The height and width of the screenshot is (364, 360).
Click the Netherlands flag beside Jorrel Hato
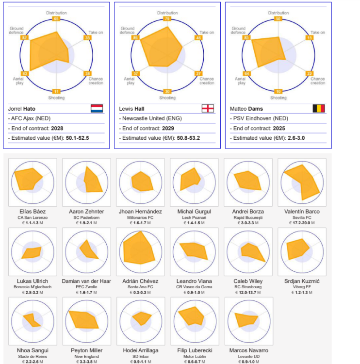[97, 108]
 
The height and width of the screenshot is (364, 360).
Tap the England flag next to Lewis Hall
[208, 108]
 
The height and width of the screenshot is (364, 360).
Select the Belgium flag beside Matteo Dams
[319, 108]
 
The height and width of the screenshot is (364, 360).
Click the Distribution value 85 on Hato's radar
[56, 19]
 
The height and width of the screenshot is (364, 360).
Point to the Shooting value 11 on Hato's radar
[56, 91]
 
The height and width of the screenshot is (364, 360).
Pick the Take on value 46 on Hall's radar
[198, 37]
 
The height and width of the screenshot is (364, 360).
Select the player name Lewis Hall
[132, 109]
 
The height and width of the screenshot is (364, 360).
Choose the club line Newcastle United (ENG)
[147, 118]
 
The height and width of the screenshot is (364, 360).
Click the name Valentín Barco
[302, 212]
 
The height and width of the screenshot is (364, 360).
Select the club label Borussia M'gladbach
[32, 287]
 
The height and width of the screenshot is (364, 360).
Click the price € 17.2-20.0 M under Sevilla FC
[302, 223]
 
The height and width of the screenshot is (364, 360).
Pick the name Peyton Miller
[86, 350]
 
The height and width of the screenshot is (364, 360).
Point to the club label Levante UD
[248, 357]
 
